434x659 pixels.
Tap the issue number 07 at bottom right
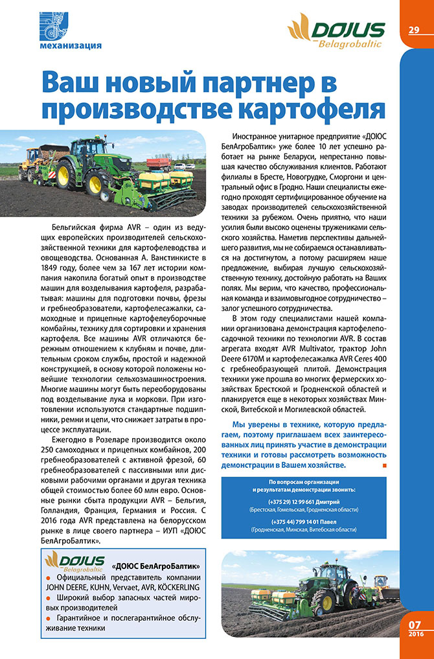coord(415,624)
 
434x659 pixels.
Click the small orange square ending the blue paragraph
coord(385,465)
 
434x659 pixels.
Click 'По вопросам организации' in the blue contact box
coord(304,483)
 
